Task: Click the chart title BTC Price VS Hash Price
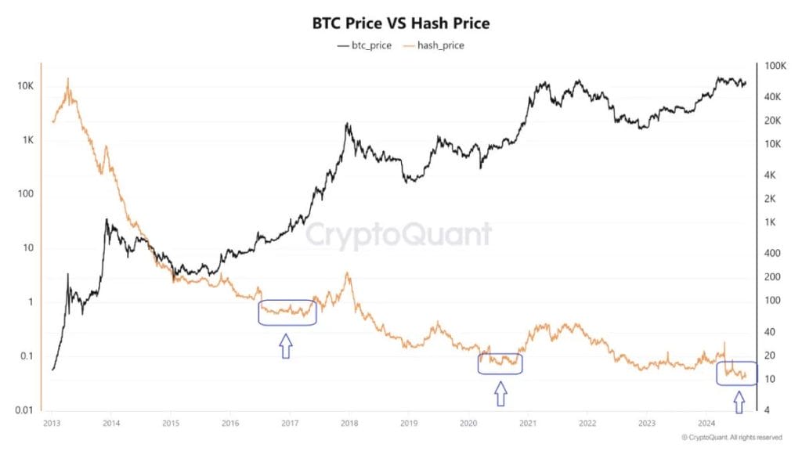[x=400, y=23]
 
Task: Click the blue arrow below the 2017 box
[x=286, y=345]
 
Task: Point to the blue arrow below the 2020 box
[x=500, y=394]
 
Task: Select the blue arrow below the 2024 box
[x=738, y=402]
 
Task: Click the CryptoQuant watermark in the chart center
[x=399, y=234]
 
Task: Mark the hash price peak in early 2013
[x=68, y=79]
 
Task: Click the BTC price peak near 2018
[x=346, y=124]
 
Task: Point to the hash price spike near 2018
[x=347, y=273]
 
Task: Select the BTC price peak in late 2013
[x=107, y=220]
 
